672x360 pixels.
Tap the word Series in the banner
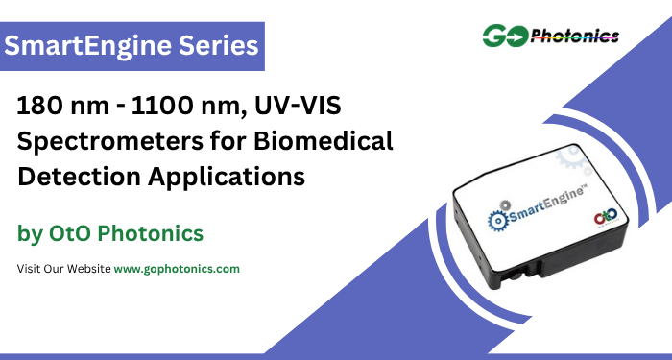pyautogui.click(x=223, y=46)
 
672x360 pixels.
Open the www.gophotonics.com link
pyautogui.click(x=177, y=269)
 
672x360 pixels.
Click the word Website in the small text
pyautogui.click(x=87, y=269)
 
